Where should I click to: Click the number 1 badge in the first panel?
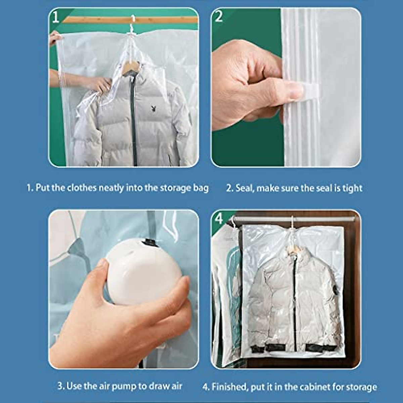[56, 17]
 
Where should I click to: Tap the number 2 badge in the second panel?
[219, 16]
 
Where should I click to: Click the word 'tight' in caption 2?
[352, 188]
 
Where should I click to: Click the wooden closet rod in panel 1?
[161, 19]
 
